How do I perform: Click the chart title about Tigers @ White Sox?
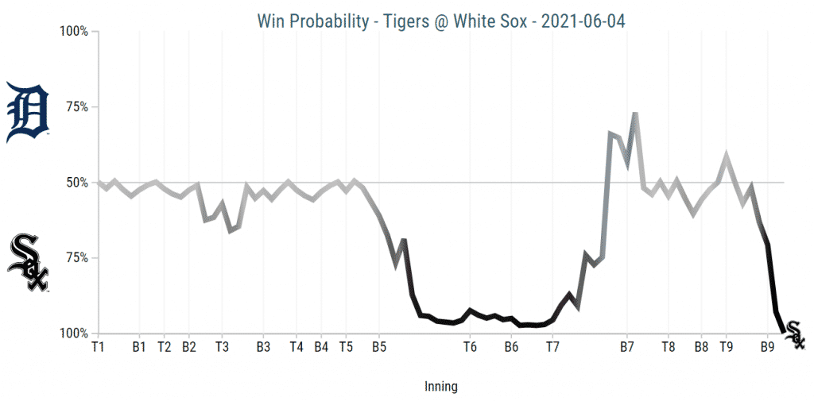pyautogui.click(x=441, y=21)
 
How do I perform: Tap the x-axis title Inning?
pyautogui.click(x=441, y=387)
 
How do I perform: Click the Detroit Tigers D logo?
pyautogui.click(x=28, y=113)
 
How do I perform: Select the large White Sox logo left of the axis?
pyautogui.click(x=28, y=263)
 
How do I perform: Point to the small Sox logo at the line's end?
pyautogui.click(x=794, y=337)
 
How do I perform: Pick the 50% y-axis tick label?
pyautogui.click(x=77, y=183)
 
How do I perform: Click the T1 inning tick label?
pyautogui.click(x=98, y=347)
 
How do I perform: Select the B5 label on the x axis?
pyautogui.click(x=379, y=347)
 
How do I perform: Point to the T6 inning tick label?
pyautogui.click(x=470, y=347)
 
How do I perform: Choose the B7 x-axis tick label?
pyautogui.click(x=627, y=347)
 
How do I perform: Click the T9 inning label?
pyautogui.click(x=727, y=347)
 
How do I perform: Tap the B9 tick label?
pyautogui.click(x=767, y=347)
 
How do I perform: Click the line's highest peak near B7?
pyautogui.click(x=635, y=114)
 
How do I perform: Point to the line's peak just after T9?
pyautogui.click(x=726, y=156)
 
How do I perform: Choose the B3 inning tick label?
pyautogui.click(x=263, y=347)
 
